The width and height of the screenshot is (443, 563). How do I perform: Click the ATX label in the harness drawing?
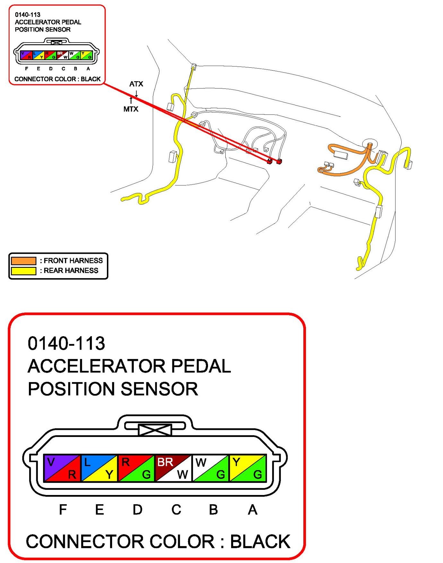136,84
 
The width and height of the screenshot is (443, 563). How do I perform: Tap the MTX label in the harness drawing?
131,109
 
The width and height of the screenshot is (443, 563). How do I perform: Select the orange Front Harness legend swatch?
23,260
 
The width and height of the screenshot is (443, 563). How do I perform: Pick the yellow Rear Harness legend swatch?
23,271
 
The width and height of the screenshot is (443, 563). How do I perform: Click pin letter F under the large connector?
63,509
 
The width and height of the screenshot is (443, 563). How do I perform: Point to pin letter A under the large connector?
253,509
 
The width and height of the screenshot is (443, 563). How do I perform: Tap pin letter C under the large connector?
176,509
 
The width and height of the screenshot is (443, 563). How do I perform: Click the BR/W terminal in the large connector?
173,468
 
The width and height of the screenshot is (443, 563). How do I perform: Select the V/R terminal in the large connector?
62,468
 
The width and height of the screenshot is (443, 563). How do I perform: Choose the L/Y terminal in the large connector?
100,468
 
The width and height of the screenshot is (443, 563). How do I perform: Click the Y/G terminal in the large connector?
248,468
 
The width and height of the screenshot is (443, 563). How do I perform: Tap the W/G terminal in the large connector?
211,468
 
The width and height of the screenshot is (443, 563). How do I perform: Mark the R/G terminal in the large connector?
136,468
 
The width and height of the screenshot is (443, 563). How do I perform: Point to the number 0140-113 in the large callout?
66,343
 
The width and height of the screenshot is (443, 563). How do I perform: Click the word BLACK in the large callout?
260,542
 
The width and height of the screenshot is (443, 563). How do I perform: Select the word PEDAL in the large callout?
201,366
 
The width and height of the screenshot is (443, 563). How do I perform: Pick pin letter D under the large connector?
138,509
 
